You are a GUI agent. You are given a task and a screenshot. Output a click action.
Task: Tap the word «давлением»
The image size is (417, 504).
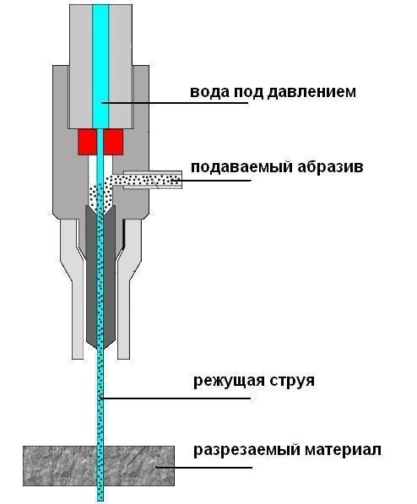point(311,92)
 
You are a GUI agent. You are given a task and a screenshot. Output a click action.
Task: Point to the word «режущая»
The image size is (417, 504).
point(229,381)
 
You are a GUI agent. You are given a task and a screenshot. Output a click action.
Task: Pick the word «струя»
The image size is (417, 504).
point(292,382)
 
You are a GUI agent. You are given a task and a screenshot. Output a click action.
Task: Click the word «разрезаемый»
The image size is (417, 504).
point(246,450)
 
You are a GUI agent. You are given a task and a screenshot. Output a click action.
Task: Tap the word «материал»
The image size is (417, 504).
point(343,449)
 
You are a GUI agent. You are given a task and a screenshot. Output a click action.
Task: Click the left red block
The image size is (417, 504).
point(87,142)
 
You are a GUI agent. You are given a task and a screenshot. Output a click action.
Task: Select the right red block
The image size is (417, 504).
point(113,142)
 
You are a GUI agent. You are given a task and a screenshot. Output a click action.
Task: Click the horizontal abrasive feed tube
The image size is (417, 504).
point(153,180)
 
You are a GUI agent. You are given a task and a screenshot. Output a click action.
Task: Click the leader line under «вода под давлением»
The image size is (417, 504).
point(175,103)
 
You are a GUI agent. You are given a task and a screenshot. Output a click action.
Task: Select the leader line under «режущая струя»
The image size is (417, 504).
point(176,398)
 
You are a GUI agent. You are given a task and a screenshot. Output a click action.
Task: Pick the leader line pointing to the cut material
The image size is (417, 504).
point(203,467)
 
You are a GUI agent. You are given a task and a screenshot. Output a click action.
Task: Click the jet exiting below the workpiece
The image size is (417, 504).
point(100,494)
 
